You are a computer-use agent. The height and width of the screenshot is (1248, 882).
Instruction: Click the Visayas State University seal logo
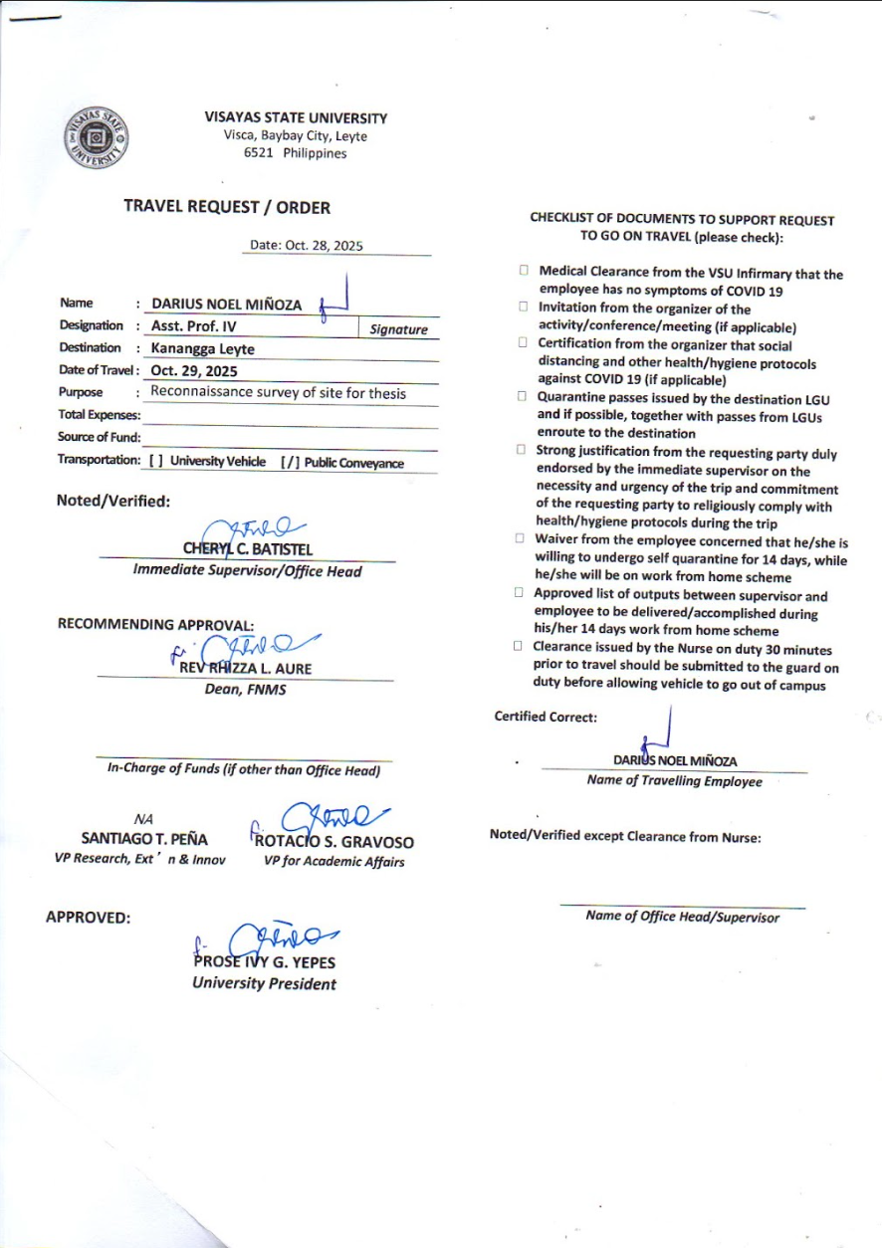click(x=97, y=137)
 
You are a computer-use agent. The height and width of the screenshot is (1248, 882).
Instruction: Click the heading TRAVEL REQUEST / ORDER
click(x=227, y=207)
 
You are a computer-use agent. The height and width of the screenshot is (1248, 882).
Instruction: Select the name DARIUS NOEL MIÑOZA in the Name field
click(x=226, y=305)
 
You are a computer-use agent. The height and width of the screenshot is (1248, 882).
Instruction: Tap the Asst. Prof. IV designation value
click(x=194, y=326)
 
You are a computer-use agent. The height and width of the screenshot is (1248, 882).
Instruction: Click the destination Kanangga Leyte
click(x=203, y=348)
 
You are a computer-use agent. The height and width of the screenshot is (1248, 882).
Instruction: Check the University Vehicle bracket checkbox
click(x=155, y=461)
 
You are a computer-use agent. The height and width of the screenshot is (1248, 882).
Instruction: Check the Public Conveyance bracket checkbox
click(x=289, y=461)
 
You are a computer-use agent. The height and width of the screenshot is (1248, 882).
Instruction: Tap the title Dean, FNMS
click(x=245, y=690)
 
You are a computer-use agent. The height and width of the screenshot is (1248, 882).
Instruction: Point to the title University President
click(x=264, y=984)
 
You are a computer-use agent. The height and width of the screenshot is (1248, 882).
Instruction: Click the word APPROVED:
click(x=89, y=917)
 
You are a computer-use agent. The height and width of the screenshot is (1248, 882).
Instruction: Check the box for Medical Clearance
click(x=523, y=271)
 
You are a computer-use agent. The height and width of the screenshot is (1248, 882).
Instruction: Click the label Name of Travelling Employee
click(x=674, y=781)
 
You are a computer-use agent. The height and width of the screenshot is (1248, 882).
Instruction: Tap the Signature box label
click(x=398, y=329)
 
